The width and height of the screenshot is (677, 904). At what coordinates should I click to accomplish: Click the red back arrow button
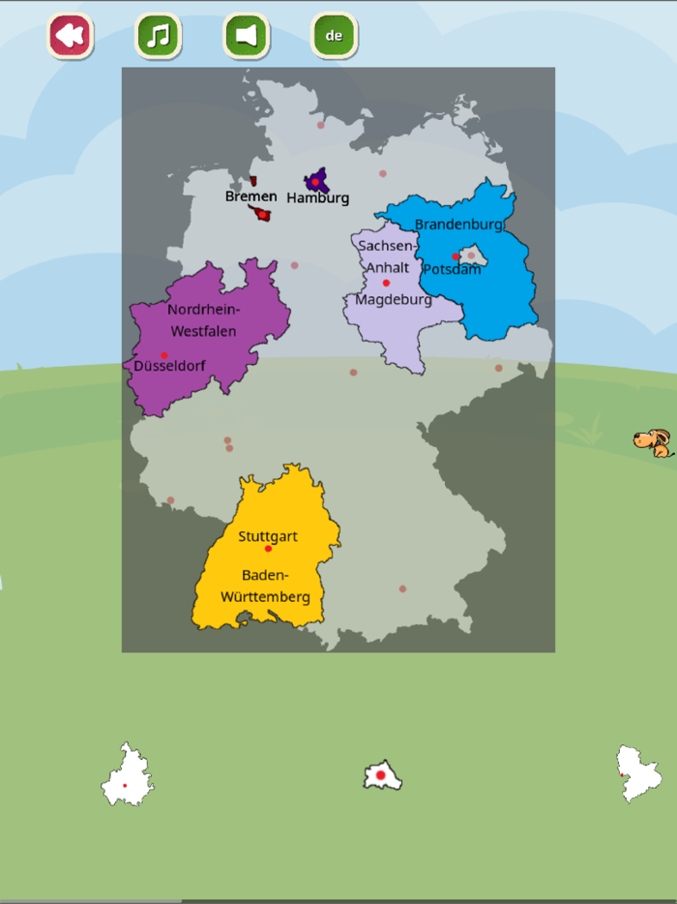[69, 36]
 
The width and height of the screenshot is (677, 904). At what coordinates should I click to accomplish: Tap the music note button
[158, 36]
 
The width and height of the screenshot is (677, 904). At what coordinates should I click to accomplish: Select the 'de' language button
[334, 36]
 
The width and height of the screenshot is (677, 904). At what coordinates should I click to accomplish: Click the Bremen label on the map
[250, 196]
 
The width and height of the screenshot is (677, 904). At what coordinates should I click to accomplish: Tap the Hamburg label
[317, 198]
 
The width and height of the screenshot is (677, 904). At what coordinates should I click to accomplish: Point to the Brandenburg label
[458, 225]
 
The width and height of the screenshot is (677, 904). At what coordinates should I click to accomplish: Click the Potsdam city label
[452, 270]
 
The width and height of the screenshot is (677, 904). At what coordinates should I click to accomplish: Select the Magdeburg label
[394, 300]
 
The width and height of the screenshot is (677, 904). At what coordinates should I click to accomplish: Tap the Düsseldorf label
[169, 367]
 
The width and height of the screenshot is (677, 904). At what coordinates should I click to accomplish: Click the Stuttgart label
[268, 536]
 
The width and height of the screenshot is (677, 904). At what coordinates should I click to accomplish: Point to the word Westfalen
[204, 331]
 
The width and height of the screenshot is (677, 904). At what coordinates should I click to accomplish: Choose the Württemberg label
[265, 597]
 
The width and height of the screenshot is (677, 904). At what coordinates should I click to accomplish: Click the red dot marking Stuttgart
[268, 549]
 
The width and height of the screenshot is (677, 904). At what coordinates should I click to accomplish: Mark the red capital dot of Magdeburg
[386, 283]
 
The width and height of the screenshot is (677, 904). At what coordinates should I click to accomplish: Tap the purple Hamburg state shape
[316, 180]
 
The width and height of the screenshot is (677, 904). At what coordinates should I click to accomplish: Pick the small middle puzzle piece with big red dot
[382, 775]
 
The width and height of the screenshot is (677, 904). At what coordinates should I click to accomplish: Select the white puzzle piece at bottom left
[127, 776]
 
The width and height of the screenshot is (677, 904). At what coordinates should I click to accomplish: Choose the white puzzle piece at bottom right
[638, 773]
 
